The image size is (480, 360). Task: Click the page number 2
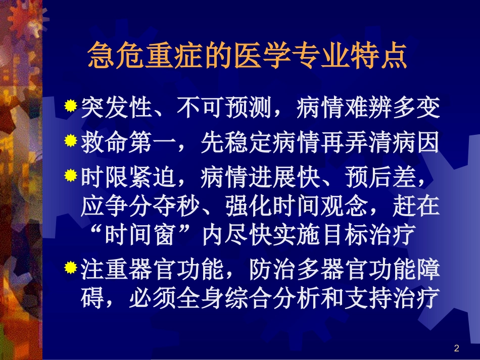[x=457, y=348]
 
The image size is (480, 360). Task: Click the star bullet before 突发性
[x=71, y=106]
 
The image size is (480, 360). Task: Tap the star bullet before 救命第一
[x=71, y=141]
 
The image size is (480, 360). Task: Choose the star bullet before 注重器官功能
[x=71, y=268]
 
